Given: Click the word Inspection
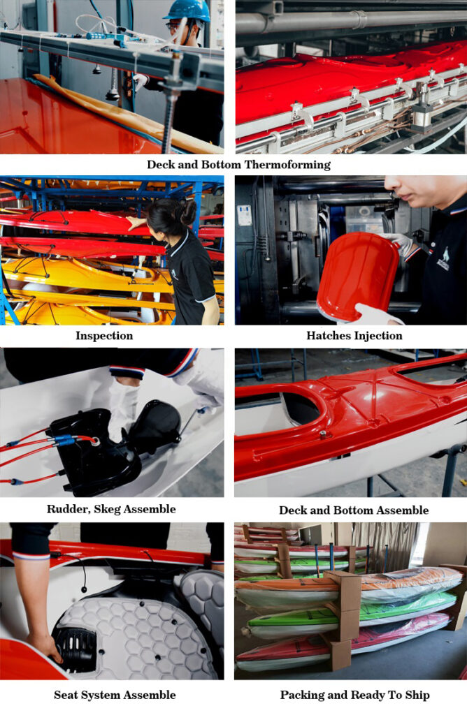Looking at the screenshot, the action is (x=104, y=336).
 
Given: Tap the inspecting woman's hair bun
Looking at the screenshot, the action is (x=187, y=212).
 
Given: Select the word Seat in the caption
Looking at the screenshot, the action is (x=65, y=695).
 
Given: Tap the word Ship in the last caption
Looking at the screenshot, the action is (x=417, y=695).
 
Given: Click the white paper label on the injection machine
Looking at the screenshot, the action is (x=245, y=215).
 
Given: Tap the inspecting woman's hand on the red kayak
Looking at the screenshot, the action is (x=136, y=223).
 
